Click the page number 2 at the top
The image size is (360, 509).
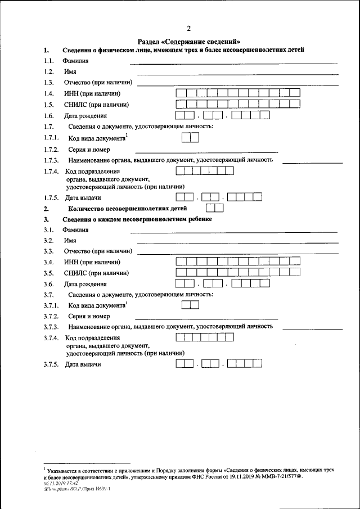click(x=188, y=29)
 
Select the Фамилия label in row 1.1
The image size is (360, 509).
click(x=76, y=61)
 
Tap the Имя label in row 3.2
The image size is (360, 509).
click(x=70, y=240)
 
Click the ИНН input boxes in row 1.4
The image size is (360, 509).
click(x=238, y=93)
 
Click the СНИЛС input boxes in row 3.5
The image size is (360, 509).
click(x=237, y=273)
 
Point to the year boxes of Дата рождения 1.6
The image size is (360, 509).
click(x=250, y=115)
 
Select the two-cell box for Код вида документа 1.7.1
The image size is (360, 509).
click(x=191, y=137)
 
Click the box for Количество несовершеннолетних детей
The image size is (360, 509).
click(x=215, y=208)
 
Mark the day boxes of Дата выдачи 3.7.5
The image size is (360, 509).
click(x=184, y=364)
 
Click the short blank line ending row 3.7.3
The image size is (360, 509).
click(x=312, y=328)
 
